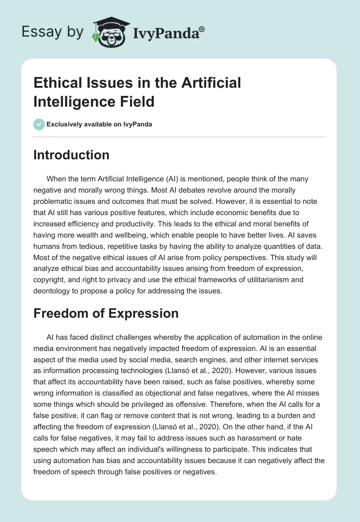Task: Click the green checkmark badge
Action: [39, 124]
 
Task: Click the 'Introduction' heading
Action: [71, 155]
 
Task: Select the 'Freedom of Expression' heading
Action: [106, 313]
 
